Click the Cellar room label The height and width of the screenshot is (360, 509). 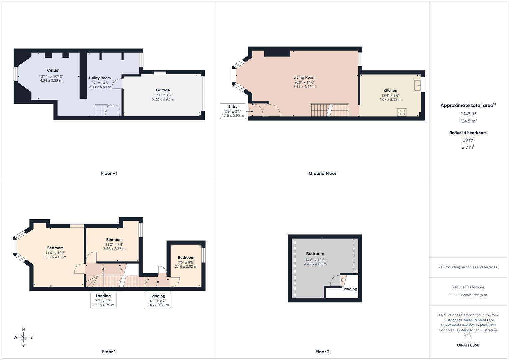coord(53,70)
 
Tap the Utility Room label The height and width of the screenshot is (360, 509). coord(100,78)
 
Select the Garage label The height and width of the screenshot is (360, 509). coord(163,90)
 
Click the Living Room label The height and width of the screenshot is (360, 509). coord(304,77)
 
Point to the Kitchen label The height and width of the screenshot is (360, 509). coord(390,90)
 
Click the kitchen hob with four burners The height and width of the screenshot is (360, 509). coord(402,112)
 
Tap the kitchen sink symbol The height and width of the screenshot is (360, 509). coord(417,85)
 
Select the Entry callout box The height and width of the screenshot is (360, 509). coord(233,111)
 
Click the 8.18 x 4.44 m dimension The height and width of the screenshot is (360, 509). coord(304,87)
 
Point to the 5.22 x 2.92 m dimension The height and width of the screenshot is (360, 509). coord(163,99)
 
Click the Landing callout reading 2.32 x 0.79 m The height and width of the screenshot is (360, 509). coord(103,300)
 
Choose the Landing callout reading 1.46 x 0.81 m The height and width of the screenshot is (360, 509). coord(158,300)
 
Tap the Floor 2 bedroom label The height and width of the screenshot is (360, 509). coord(315,254)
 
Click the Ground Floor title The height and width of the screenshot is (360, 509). coord(322,173)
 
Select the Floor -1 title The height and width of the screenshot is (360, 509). coord(109,173)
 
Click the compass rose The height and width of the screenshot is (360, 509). coord(23,337)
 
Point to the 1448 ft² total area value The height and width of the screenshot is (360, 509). coord(468,114)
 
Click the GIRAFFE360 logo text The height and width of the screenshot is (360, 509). coord(468,345)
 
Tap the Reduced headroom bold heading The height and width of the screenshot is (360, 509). coord(468,133)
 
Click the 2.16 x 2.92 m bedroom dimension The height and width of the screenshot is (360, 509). coord(186,267)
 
